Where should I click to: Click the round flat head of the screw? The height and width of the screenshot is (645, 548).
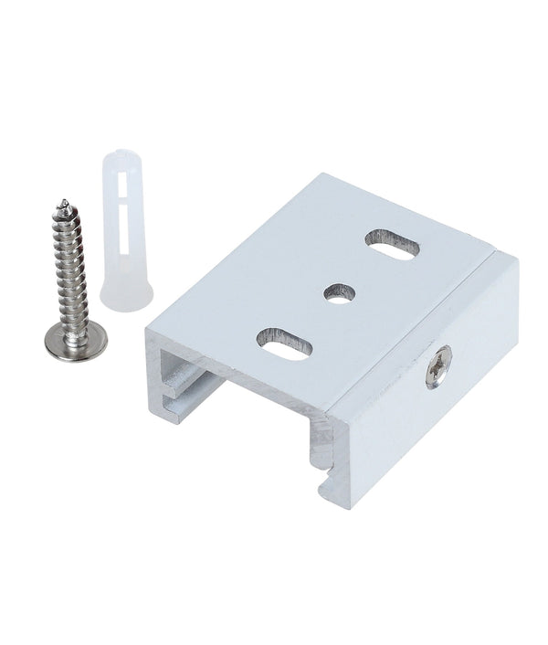pyautogui.click(x=76, y=339)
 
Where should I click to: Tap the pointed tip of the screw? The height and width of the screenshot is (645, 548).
pyautogui.click(x=63, y=202)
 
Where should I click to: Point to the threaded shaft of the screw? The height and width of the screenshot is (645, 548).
pyautogui.click(x=70, y=265)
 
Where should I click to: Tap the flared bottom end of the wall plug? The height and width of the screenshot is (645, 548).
pyautogui.click(x=131, y=298)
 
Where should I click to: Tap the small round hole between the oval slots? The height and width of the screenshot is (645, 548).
pyautogui.click(x=338, y=293)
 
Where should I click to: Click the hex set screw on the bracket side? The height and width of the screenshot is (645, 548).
pyautogui.click(x=438, y=355)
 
